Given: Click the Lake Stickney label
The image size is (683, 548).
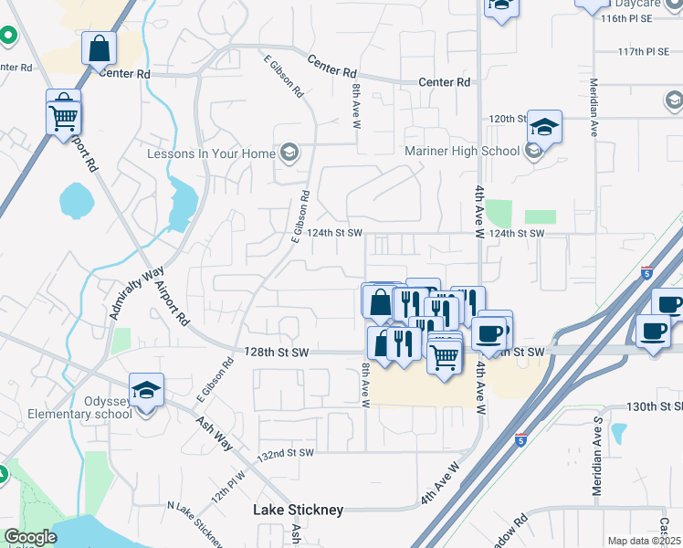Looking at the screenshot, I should [298, 510].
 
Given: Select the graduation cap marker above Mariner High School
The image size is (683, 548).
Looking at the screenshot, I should [544, 127].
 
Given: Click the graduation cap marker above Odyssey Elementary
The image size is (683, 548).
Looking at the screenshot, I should [146, 391].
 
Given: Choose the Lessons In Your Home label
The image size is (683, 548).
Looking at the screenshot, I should [211, 153].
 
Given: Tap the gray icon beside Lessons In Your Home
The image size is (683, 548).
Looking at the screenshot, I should [289, 152].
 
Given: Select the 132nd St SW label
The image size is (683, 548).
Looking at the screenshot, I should [285, 453].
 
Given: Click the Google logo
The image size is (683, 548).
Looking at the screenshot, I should [29, 537].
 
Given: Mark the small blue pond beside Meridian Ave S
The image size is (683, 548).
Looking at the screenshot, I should [619, 431].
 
